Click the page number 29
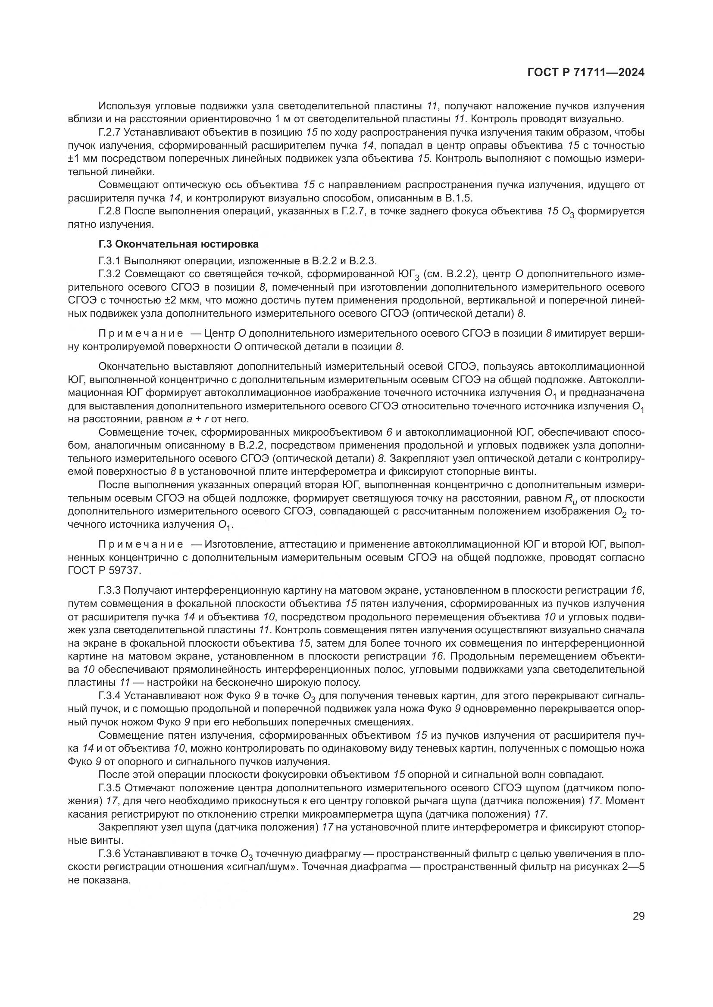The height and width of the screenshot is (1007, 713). click(638, 916)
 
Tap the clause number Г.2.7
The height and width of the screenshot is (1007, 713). click(110, 133)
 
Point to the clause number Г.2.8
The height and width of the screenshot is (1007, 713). click(110, 211)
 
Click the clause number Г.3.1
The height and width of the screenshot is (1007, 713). click(110, 261)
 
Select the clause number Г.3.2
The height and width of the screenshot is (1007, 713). click(110, 275)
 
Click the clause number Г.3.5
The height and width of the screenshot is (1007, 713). click(110, 788)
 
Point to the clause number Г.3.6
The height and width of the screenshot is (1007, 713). click(110, 854)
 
